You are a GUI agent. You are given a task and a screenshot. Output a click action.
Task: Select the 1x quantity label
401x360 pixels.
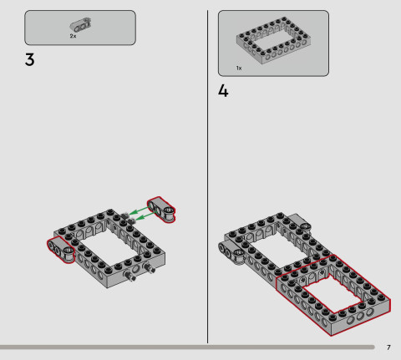(x=238, y=68)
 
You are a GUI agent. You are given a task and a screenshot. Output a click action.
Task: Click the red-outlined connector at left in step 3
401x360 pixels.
(x=62, y=248)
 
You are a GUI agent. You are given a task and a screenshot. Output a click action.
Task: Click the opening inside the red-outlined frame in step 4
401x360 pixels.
(x=334, y=292)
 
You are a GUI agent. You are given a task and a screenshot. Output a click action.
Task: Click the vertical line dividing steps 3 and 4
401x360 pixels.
(x=207, y=167)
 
